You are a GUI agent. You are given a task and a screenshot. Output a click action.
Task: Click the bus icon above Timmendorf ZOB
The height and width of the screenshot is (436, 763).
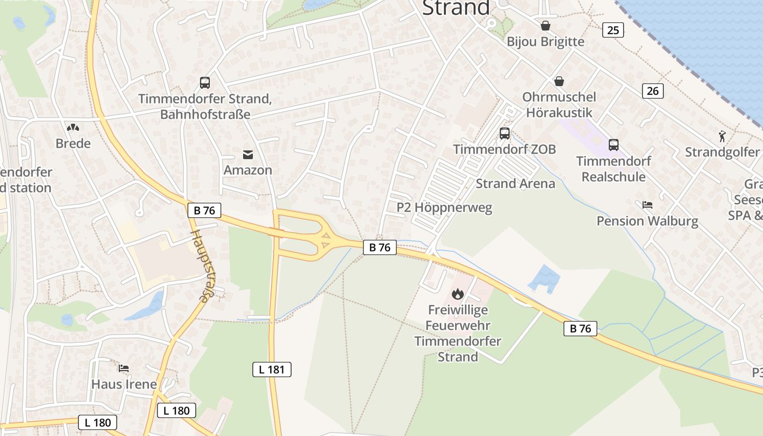(x=505, y=134)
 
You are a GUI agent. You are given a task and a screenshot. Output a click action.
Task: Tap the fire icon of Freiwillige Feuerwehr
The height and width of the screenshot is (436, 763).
(x=457, y=294)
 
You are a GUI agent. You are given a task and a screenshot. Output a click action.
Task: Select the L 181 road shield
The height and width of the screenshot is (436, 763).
(x=272, y=370)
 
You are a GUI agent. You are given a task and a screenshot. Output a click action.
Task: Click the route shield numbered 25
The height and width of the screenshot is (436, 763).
(x=613, y=30)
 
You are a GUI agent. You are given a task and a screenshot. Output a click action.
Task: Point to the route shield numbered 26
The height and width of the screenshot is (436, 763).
(x=652, y=90)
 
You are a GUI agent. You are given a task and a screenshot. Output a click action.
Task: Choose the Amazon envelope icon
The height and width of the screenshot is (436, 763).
(x=248, y=155)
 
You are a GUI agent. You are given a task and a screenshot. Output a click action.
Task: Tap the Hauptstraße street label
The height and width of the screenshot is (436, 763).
(x=199, y=265)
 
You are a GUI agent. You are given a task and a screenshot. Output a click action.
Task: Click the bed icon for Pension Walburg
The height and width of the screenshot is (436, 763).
(x=647, y=205)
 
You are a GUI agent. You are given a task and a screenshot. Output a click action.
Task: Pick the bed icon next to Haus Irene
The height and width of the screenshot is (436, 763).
(x=124, y=368)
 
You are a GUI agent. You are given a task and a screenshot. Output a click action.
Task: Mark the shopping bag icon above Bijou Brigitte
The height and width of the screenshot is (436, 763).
(x=545, y=26)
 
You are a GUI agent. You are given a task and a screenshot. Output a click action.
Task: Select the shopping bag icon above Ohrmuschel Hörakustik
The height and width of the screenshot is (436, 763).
(x=559, y=82)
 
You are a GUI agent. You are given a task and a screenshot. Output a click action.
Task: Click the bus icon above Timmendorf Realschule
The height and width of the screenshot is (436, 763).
(x=614, y=145)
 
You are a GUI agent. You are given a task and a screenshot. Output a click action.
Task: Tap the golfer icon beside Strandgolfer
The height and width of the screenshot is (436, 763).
(x=722, y=136)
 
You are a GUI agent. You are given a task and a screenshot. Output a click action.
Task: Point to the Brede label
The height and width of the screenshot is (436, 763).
(x=73, y=143)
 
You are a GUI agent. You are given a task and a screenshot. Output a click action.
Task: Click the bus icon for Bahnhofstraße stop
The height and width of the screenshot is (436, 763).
(x=205, y=83)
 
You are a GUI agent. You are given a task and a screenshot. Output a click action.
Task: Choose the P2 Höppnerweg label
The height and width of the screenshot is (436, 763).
(x=444, y=207)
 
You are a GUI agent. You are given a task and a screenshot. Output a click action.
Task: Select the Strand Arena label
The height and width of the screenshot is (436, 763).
(x=516, y=184)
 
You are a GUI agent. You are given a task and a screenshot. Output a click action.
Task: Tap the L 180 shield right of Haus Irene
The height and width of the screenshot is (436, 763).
(x=177, y=410)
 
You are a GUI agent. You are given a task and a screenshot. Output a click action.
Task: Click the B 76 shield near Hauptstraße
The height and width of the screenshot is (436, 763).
(x=204, y=210)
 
